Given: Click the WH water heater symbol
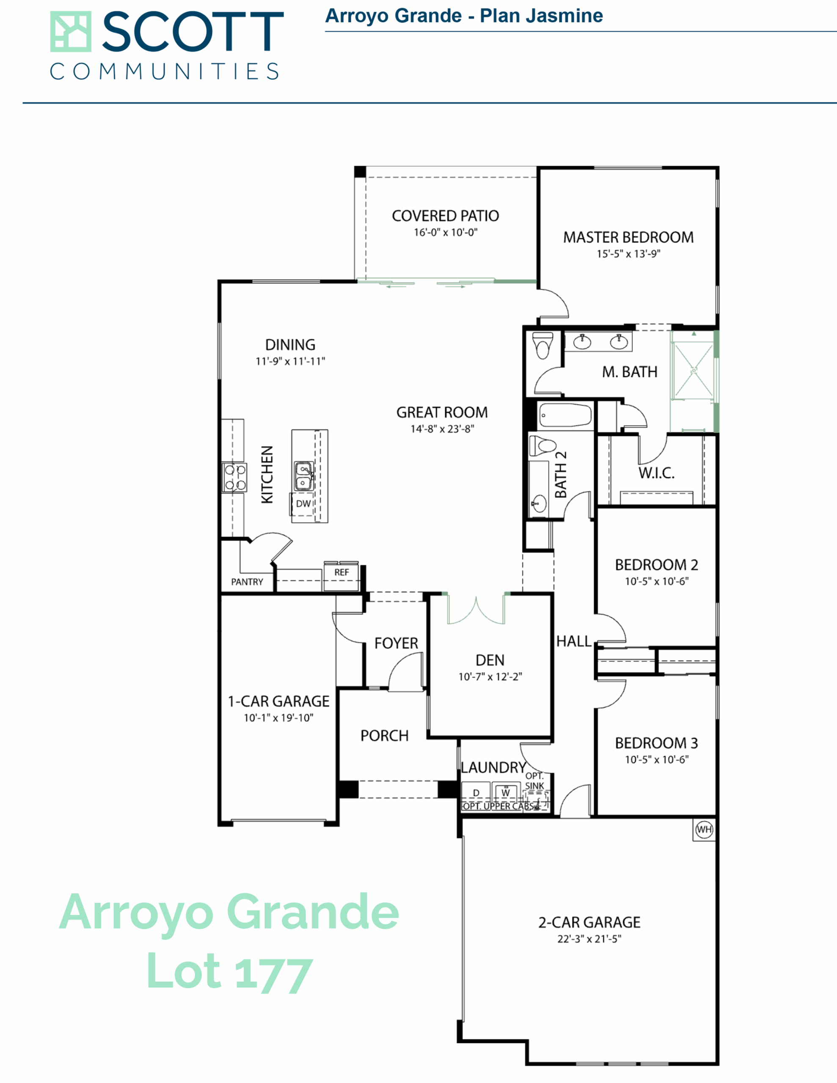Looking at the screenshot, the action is pos(704,829).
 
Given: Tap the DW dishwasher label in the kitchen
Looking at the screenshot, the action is pos(303,504).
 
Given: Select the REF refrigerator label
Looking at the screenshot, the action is pos(341,572).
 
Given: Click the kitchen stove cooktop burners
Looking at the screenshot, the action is pos(234,477).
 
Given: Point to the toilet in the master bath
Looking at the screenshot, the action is pos(542,345).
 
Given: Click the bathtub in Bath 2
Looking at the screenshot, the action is pos(565,415).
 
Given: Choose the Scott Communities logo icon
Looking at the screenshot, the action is pos(70,32).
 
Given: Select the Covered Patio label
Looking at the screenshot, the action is pos(445,216).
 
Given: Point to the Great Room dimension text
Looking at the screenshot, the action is pos(442,429).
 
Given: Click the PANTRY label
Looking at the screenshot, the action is pos(247,582).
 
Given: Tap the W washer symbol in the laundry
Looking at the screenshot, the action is pos(506,792).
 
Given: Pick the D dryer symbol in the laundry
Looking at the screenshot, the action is pos(476,792).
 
